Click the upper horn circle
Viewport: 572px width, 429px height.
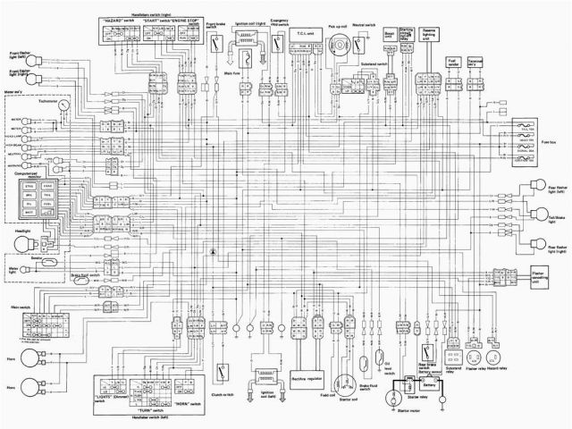click(33, 361)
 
